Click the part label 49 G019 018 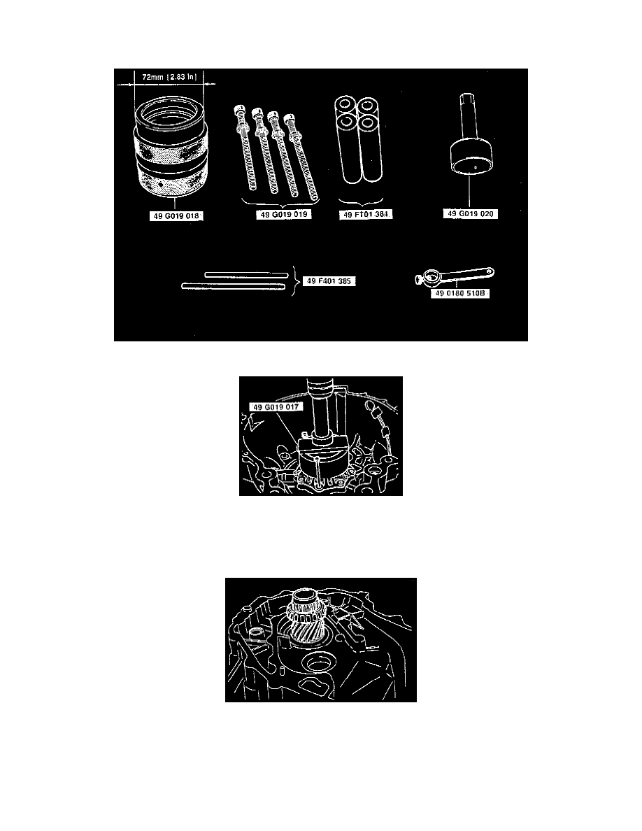click(176, 216)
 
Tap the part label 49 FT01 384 click(366, 215)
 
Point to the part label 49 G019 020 click(471, 213)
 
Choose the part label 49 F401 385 click(329, 281)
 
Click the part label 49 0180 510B click(459, 293)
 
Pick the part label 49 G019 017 click(276, 407)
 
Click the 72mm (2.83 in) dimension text click(169, 77)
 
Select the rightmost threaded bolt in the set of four click(302, 157)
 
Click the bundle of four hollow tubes click(358, 140)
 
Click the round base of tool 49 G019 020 click(471, 157)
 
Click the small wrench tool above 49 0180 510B click(455, 276)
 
